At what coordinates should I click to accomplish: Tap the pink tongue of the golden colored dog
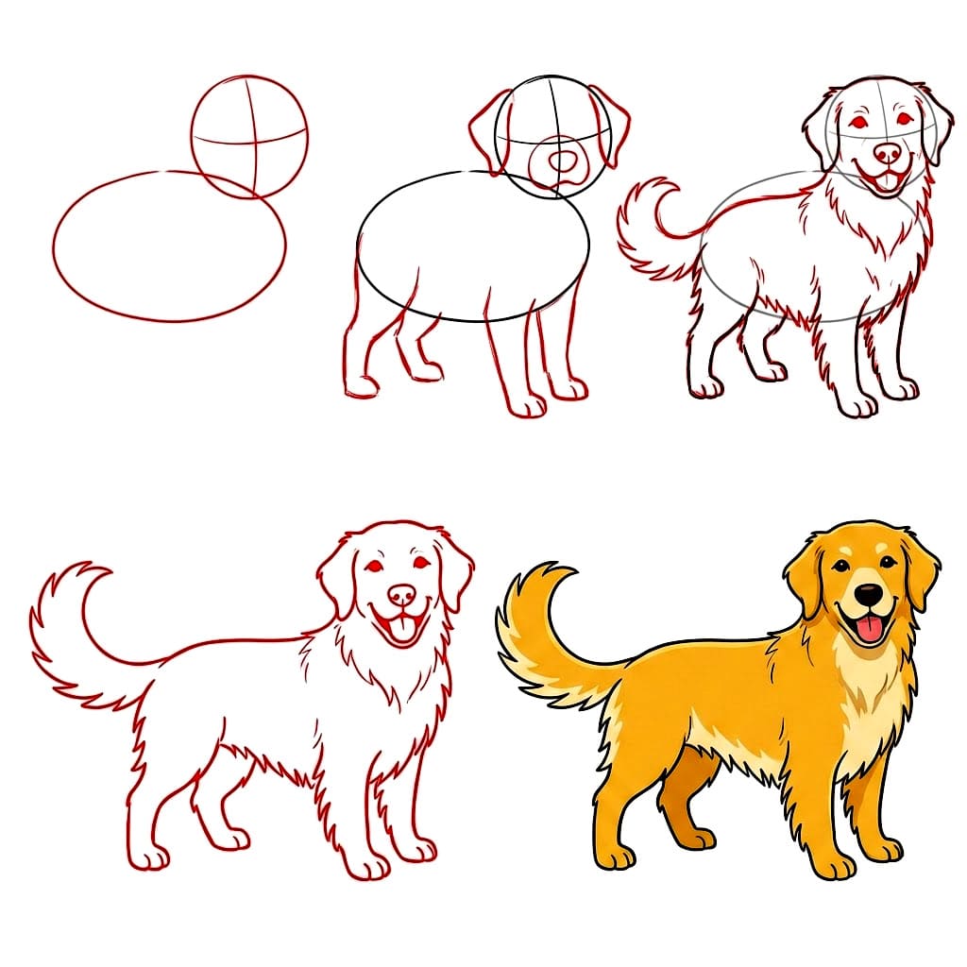[869, 630]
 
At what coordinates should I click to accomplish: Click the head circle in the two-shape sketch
[249, 135]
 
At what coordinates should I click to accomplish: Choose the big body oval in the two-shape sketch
[169, 246]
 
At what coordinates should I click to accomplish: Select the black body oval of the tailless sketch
[473, 247]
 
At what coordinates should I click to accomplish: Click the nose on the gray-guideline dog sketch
[888, 152]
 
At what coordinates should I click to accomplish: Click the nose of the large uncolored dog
[402, 594]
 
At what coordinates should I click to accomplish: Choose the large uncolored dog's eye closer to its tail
[374, 566]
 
